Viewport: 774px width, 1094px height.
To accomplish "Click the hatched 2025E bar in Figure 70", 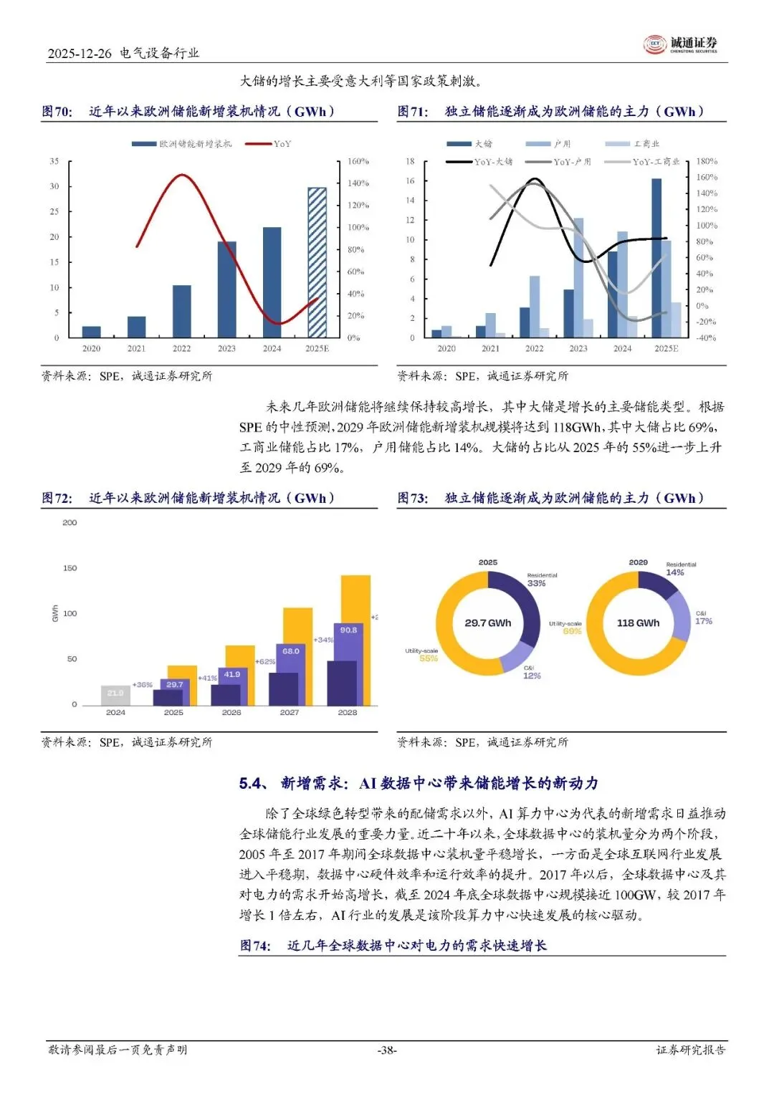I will (x=317, y=262).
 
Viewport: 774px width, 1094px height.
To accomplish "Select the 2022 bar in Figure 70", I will (x=181, y=311).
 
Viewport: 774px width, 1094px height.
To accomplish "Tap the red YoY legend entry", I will (x=268, y=144).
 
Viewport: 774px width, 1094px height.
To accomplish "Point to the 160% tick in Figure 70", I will (x=358, y=161).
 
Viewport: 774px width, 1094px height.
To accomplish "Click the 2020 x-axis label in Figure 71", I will (x=446, y=349).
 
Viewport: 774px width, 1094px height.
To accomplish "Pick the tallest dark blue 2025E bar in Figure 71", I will (x=656, y=258).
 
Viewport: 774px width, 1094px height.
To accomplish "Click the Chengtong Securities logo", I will (x=680, y=44).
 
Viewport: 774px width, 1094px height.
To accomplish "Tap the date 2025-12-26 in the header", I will (x=80, y=53).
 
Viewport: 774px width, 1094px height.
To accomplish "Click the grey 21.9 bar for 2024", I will (x=115, y=694).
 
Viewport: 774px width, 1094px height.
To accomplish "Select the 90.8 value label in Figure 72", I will (x=348, y=630).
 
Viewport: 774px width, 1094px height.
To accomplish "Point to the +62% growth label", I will (x=265, y=661).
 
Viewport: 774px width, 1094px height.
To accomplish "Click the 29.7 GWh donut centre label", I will (x=488, y=623).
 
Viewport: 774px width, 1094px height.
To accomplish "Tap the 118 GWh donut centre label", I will (x=638, y=623).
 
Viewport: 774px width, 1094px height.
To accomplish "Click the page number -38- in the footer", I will (x=387, y=1050).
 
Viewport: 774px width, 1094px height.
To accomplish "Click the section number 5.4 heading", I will (x=252, y=783).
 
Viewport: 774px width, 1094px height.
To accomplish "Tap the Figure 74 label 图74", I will (x=255, y=946).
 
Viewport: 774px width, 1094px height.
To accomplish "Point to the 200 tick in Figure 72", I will (x=70, y=523).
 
